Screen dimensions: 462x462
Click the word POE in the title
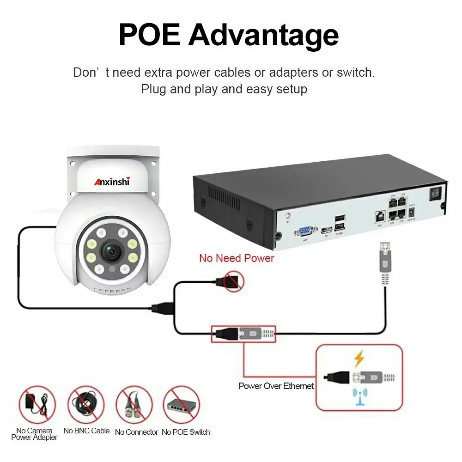coord(149,34)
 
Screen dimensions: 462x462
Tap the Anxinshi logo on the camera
coord(113,182)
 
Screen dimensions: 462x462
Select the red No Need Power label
coord(237,258)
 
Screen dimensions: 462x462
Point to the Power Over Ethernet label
coord(276,386)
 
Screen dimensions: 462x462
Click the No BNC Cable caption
coord(86,431)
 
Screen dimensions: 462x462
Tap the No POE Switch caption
coord(185,432)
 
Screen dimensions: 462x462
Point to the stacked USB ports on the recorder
coord(339,222)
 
